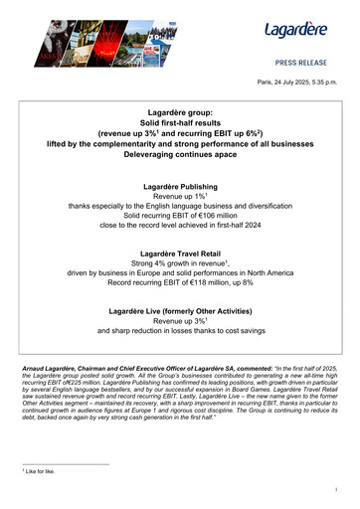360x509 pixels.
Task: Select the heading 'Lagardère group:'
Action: click(180, 114)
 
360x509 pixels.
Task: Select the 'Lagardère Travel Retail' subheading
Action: click(180, 254)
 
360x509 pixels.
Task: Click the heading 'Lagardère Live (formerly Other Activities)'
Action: click(180, 313)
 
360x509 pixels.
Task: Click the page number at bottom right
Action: click(337, 491)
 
